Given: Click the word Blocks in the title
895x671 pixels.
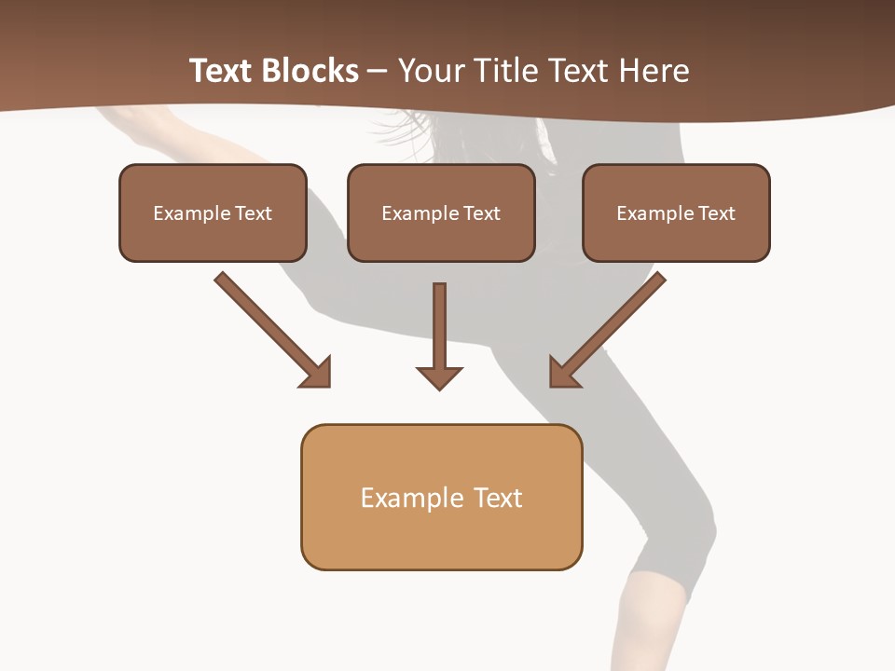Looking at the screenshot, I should pos(311,71).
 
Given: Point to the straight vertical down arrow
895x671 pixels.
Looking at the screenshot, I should pos(439,326).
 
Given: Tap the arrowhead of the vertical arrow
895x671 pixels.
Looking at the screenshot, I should pos(439,377).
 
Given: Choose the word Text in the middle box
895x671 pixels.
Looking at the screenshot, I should pos(482,213).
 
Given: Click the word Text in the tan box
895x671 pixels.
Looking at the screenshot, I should pos(498,498).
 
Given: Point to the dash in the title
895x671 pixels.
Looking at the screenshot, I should pos(378,72).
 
